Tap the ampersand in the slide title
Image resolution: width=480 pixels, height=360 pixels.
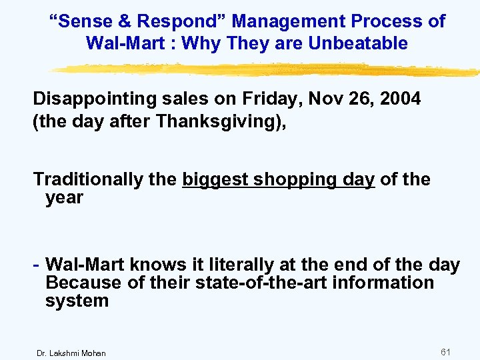[125, 21]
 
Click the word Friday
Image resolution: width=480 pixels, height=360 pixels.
[261, 99]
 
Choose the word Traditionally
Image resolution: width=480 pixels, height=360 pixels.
[105, 179]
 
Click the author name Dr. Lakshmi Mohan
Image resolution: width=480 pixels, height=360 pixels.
[71, 353]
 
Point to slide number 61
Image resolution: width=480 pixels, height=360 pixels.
[446, 351]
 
